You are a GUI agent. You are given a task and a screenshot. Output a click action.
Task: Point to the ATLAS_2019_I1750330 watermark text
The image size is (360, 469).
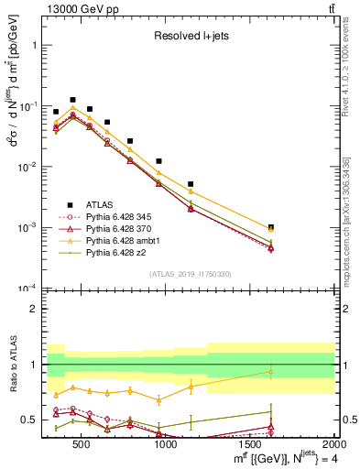tap(190, 274)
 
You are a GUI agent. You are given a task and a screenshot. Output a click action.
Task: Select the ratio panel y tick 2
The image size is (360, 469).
tap(34, 309)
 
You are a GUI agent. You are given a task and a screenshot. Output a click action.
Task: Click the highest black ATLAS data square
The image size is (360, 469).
tap(72, 100)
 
